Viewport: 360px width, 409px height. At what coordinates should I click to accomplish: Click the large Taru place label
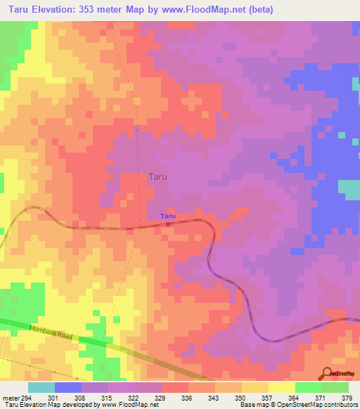[x=158, y=178]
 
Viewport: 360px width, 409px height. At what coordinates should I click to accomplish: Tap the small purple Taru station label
[x=167, y=216]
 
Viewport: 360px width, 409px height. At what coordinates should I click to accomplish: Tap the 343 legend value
[x=215, y=398]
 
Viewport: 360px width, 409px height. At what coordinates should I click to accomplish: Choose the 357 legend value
[x=269, y=398]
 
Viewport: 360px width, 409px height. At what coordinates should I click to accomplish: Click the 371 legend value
[x=322, y=398]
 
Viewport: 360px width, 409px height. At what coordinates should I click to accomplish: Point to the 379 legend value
[x=347, y=398]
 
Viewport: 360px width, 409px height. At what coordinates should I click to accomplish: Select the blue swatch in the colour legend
[x=68, y=387]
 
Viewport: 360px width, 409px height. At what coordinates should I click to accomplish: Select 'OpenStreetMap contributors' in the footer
[x=323, y=405]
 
